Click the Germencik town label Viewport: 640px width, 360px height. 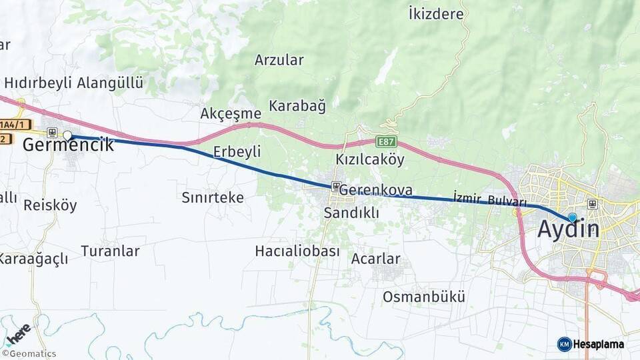(68, 145)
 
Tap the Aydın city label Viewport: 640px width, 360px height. (568, 229)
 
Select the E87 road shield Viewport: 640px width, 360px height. (386, 141)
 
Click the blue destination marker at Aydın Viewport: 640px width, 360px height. (572, 217)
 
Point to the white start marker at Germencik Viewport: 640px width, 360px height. (67, 135)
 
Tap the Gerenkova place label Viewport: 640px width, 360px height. (375, 190)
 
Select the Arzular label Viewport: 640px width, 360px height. (279, 60)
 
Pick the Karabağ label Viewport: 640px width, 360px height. (297, 105)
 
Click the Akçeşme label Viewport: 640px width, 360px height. (231, 113)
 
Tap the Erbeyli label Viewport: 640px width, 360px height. (237, 152)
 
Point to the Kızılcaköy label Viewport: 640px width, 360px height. (370, 159)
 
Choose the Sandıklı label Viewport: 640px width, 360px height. (351, 213)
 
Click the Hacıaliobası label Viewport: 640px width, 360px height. (297, 251)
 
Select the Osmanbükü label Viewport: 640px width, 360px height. (424, 297)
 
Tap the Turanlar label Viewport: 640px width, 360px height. (110, 251)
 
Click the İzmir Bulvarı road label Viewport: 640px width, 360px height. (489, 199)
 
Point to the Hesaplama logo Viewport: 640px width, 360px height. (591, 344)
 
